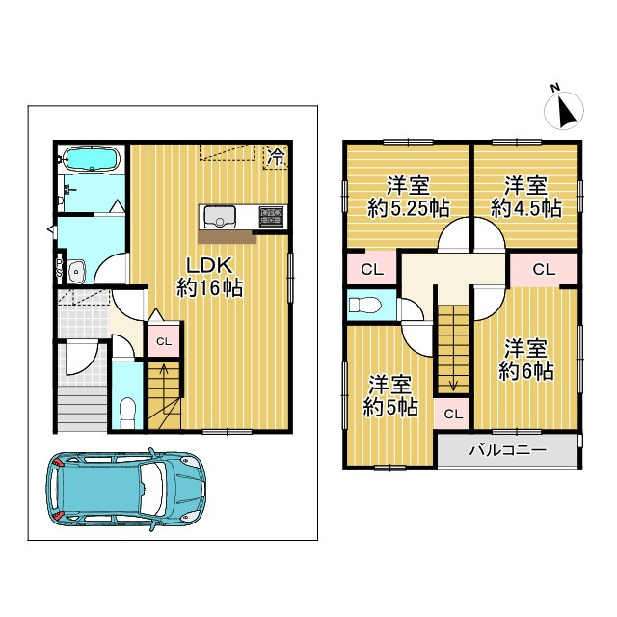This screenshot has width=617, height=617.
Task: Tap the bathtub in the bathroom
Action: coord(89,158)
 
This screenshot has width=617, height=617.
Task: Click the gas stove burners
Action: coord(271,216)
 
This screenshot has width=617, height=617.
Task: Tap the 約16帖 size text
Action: coord(209,286)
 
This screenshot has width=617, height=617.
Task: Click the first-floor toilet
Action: coord(125,411)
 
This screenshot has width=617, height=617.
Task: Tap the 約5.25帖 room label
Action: coord(410,206)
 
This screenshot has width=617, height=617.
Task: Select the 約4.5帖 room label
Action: coord(525,206)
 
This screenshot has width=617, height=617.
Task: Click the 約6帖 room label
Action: coord(526,371)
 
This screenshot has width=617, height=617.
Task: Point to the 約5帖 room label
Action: coord(391,407)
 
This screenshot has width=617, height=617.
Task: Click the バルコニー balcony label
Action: coord(508,450)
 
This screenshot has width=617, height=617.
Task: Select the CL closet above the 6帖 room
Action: coord(543,269)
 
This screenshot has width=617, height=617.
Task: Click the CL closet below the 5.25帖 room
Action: coord(371,269)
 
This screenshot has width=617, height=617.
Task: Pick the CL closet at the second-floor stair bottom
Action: coord(453,414)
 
